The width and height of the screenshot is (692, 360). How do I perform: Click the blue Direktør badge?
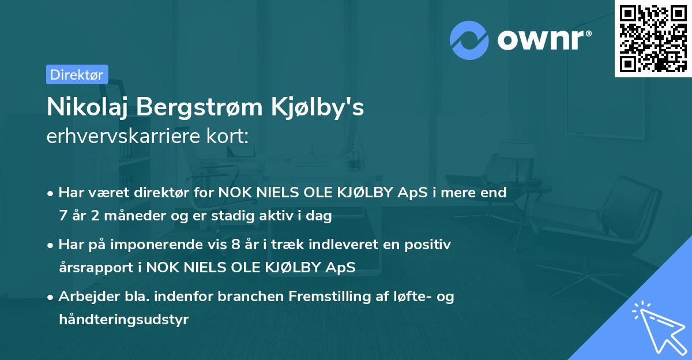pyautogui.click(x=77, y=74)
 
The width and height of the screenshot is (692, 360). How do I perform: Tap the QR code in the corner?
pyautogui.click(x=653, y=38)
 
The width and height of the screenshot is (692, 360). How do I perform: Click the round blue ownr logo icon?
pyautogui.click(x=469, y=39)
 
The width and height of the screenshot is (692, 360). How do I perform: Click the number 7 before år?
pyautogui.click(x=62, y=216)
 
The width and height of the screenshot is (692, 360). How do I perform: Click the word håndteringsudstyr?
pyautogui.click(x=123, y=320)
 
